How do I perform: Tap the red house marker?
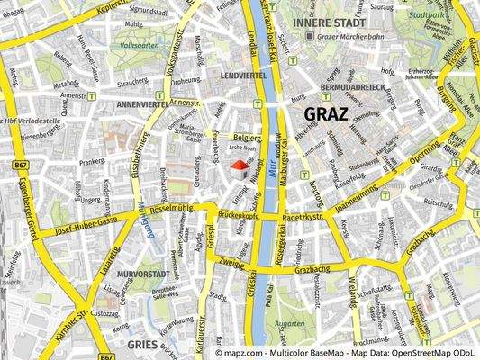(x=240, y=169)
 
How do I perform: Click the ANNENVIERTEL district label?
(x=136, y=103)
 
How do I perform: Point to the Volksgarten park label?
(x=139, y=43)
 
